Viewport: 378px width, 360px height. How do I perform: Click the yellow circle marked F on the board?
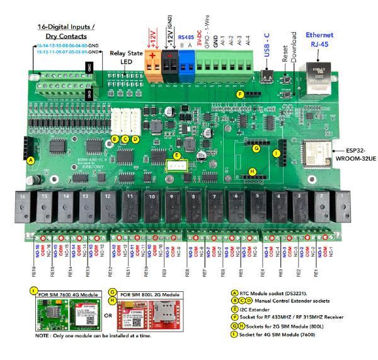(x=239, y=94)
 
